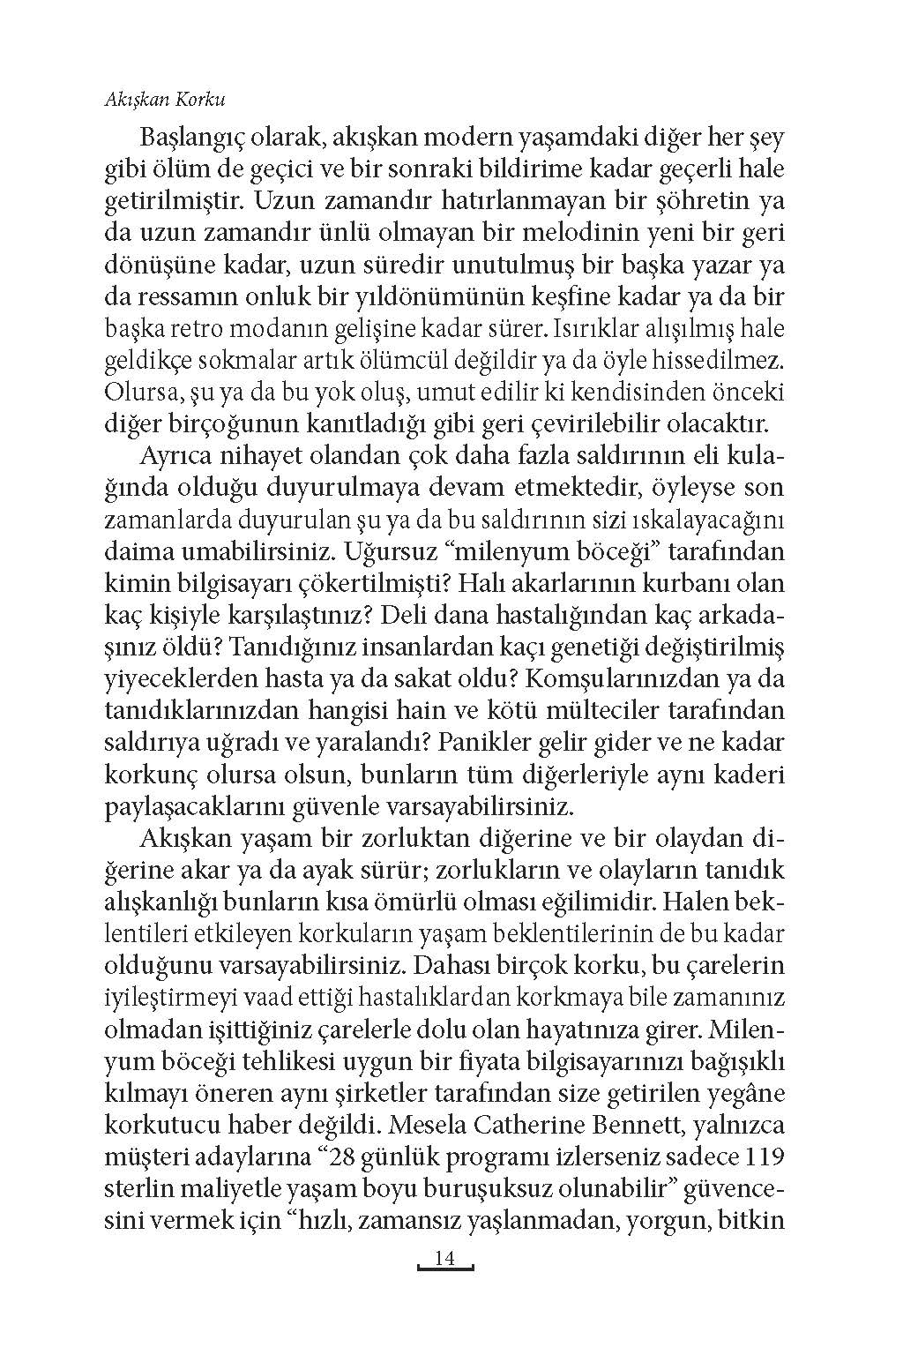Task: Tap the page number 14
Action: coord(444,1259)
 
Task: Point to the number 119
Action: coord(760,1157)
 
